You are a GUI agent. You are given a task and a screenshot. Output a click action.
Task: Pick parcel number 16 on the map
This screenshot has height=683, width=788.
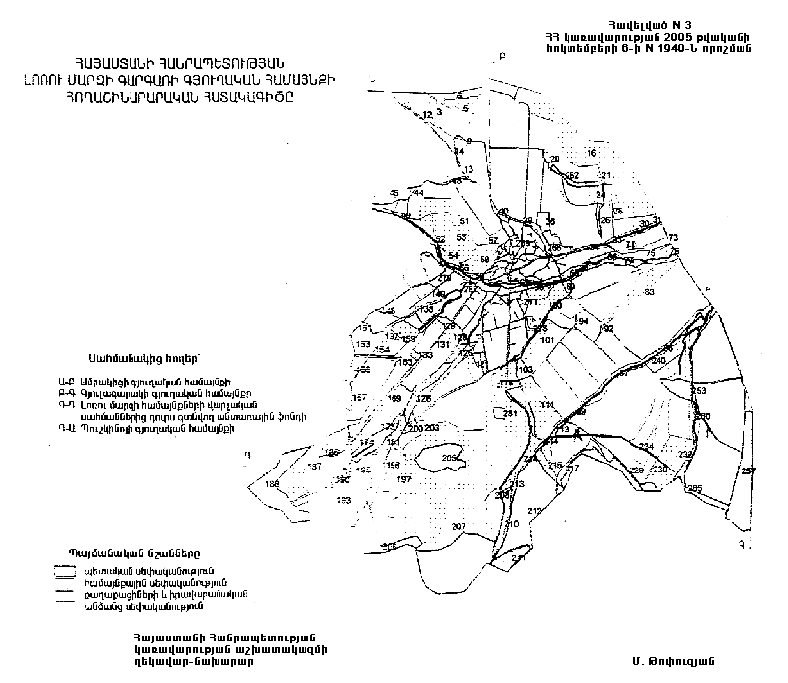click(592, 154)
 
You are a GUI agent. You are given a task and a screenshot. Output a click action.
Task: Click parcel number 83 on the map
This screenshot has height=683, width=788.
click(649, 292)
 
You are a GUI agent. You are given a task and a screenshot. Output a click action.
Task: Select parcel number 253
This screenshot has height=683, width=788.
click(697, 392)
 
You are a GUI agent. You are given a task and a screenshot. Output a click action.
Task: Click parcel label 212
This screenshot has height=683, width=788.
click(535, 510)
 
